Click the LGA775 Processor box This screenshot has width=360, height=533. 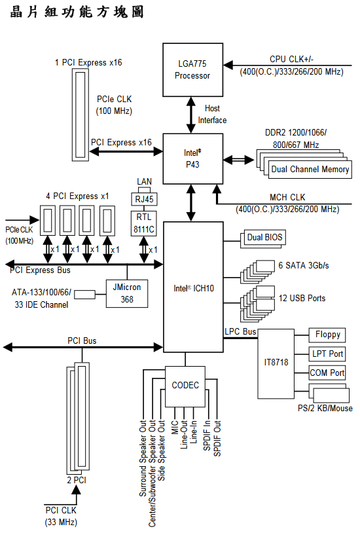pos(192,69)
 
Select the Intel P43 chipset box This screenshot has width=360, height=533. pos(192,158)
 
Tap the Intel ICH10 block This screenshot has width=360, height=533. pos(193,287)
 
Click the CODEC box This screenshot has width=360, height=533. pos(185,386)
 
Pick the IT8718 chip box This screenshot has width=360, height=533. pos(276,363)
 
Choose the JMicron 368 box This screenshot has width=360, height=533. pos(127,293)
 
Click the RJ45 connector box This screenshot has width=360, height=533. pos(144,199)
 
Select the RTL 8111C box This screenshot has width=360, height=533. pos(144,223)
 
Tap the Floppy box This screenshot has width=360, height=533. pos(327,335)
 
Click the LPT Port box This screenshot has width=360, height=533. pos(327,354)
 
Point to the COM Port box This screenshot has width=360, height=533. pos(327,373)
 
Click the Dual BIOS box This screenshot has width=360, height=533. pos(264,237)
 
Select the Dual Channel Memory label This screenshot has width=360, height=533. pos(310,170)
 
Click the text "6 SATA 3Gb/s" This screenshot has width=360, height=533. pos(304,265)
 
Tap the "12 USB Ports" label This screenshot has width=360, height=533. pos(302,299)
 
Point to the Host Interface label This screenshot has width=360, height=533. pos(212,114)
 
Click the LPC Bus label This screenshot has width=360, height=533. pos(240,331)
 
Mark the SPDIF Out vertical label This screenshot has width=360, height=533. pos(217,438)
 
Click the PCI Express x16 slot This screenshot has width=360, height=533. pos(81,115)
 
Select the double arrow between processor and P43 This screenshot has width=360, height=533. pos(191,115)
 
